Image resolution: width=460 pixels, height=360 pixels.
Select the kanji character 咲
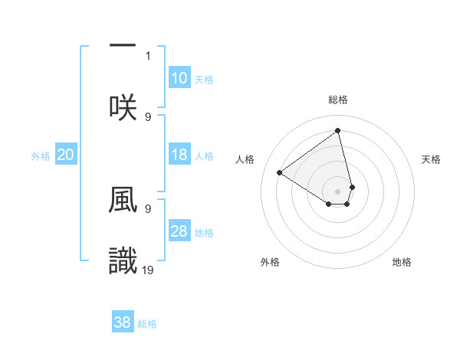[x=123, y=107]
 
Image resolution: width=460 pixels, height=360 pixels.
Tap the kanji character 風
[x=123, y=201]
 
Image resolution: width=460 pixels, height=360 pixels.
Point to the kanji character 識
[x=123, y=260]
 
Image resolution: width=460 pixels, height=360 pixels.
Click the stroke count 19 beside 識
[x=149, y=269]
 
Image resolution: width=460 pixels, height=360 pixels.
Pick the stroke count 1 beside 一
[x=149, y=56]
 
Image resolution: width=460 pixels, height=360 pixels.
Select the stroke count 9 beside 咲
[x=148, y=116]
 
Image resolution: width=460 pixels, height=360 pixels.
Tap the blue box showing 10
[x=179, y=78]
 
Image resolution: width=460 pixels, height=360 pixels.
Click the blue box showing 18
[x=179, y=155]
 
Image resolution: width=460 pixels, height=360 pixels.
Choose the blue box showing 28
[x=179, y=231]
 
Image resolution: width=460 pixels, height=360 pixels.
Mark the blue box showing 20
[x=66, y=155]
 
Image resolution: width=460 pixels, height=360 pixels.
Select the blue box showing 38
[x=122, y=322]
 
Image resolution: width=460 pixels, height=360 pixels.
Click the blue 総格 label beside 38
[x=147, y=324]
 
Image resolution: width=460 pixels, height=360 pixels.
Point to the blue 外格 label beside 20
[x=41, y=156]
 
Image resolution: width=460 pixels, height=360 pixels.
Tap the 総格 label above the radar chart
[x=338, y=100]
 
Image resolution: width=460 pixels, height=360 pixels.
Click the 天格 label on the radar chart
[x=432, y=159]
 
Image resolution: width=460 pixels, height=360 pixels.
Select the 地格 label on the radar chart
[x=402, y=262]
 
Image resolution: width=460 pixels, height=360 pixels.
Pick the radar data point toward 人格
[x=280, y=172]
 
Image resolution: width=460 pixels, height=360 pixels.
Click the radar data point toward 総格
[x=338, y=130]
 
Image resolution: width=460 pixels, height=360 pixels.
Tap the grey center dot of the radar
[x=338, y=191]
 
